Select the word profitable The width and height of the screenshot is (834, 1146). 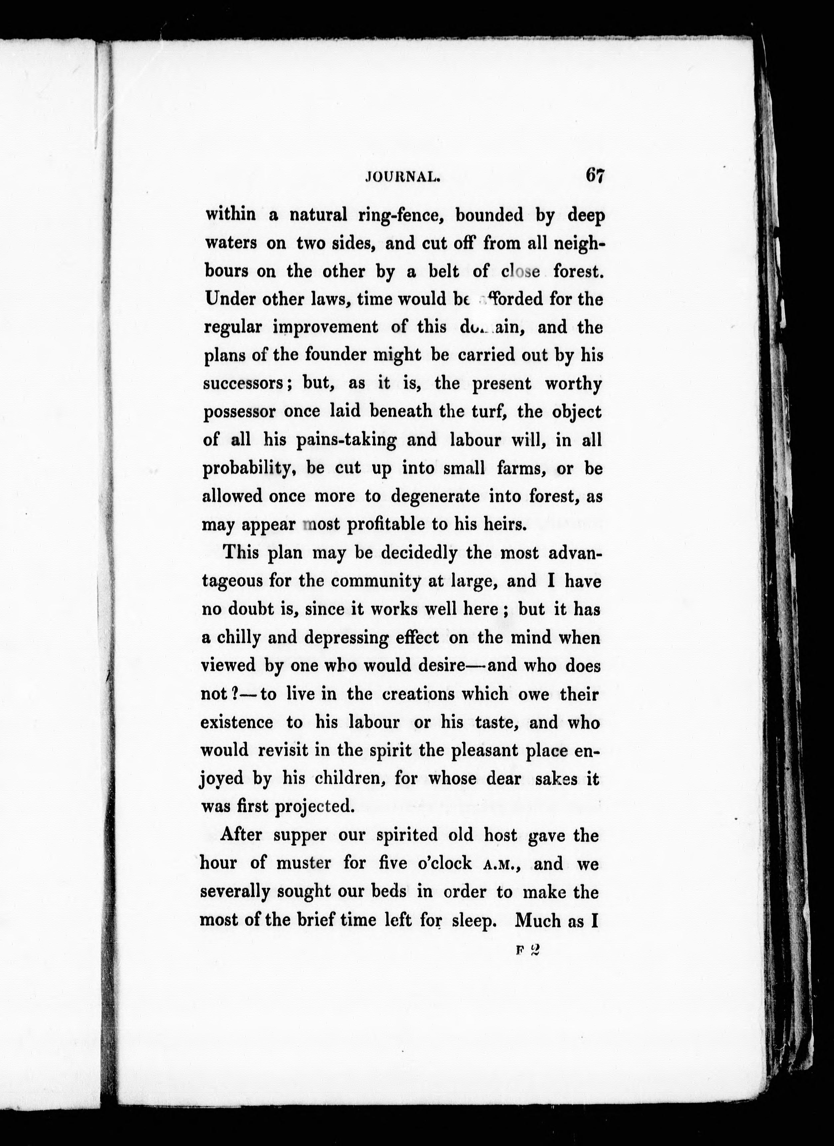pyautogui.click(x=385, y=524)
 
